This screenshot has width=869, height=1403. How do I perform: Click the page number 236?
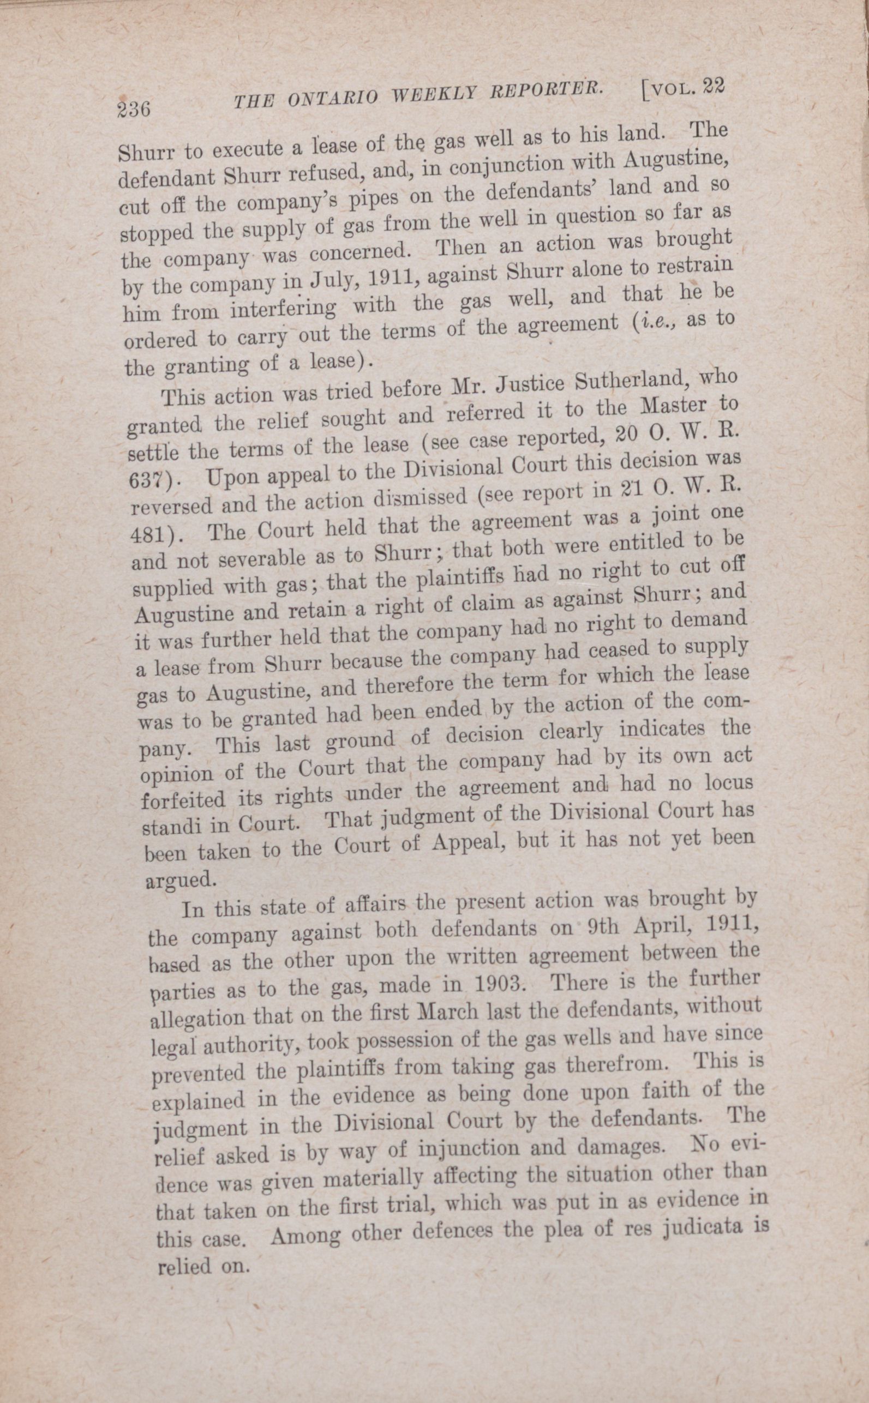click(x=133, y=108)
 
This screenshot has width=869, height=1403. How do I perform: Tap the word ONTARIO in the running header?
click(x=333, y=98)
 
